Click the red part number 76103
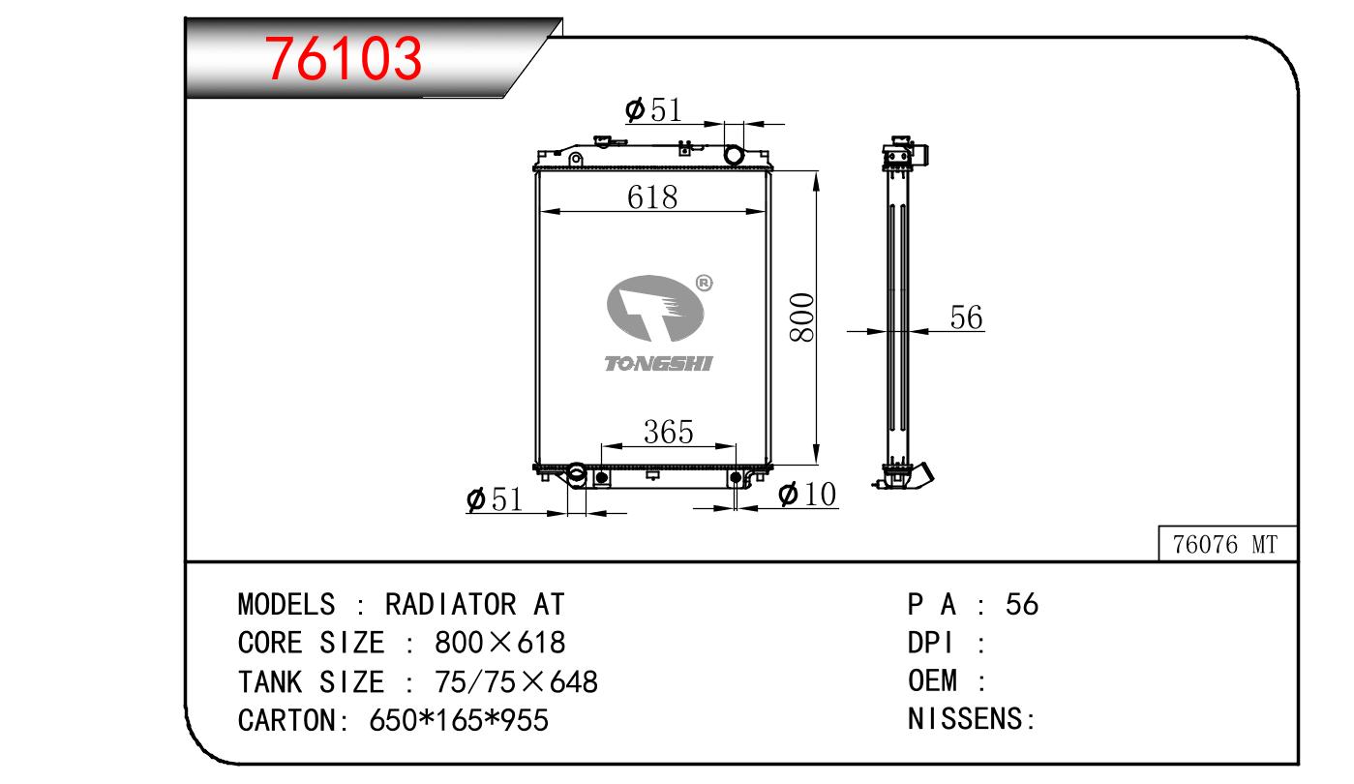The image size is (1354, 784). [x=343, y=58]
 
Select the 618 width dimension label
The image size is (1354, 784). [x=652, y=197]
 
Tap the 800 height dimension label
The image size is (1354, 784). [x=802, y=317]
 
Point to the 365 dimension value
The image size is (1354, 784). [x=668, y=432]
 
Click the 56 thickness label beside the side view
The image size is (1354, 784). [x=966, y=317]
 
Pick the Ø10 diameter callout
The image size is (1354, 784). [x=807, y=494]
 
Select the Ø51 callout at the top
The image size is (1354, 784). [x=653, y=110]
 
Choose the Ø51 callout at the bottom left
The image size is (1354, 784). [x=494, y=499]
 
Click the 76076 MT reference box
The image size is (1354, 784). [x=1227, y=544]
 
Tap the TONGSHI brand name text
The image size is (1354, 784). [x=658, y=363]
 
